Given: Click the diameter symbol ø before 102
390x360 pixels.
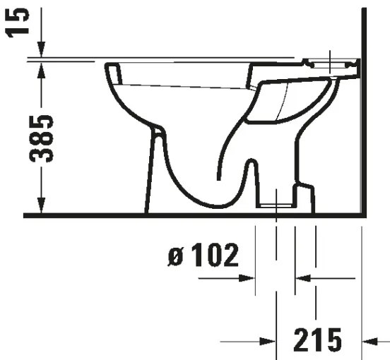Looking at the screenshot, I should [177, 258].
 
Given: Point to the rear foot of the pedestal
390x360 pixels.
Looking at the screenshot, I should [305, 198].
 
